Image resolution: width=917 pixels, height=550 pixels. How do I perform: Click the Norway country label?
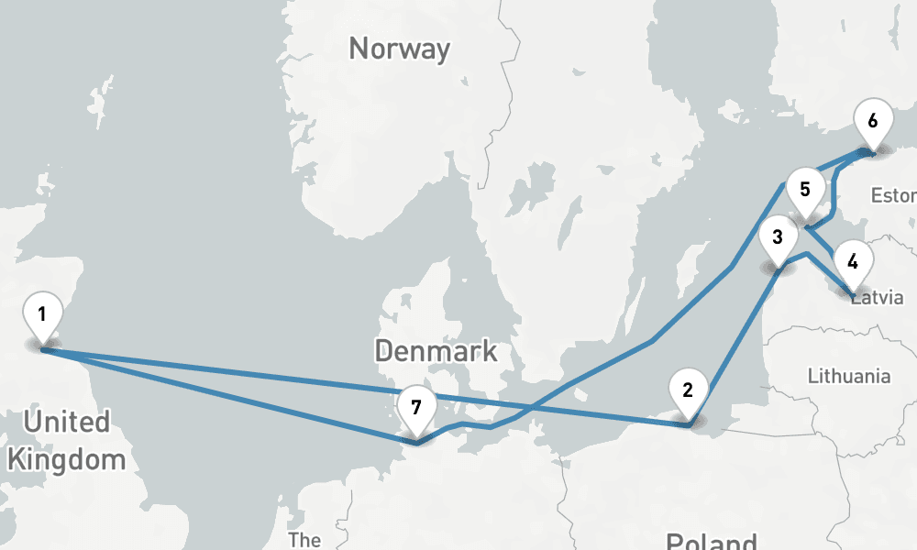(x=400, y=49)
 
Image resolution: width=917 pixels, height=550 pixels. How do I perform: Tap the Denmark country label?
(x=436, y=350)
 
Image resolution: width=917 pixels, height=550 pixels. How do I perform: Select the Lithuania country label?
(x=849, y=376)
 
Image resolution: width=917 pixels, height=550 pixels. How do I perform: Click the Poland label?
(x=712, y=541)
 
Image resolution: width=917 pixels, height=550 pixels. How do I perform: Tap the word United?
(x=67, y=423)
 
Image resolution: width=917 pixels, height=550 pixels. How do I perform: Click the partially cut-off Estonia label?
(x=893, y=195)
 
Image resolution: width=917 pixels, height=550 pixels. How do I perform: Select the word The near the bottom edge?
(x=304, y=539)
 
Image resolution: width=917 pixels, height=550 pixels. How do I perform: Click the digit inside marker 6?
(x=872, y=120)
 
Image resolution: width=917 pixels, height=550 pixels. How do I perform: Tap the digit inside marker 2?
(x=688, y=390)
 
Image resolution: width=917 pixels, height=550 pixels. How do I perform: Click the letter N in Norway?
(x=359, y=49)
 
